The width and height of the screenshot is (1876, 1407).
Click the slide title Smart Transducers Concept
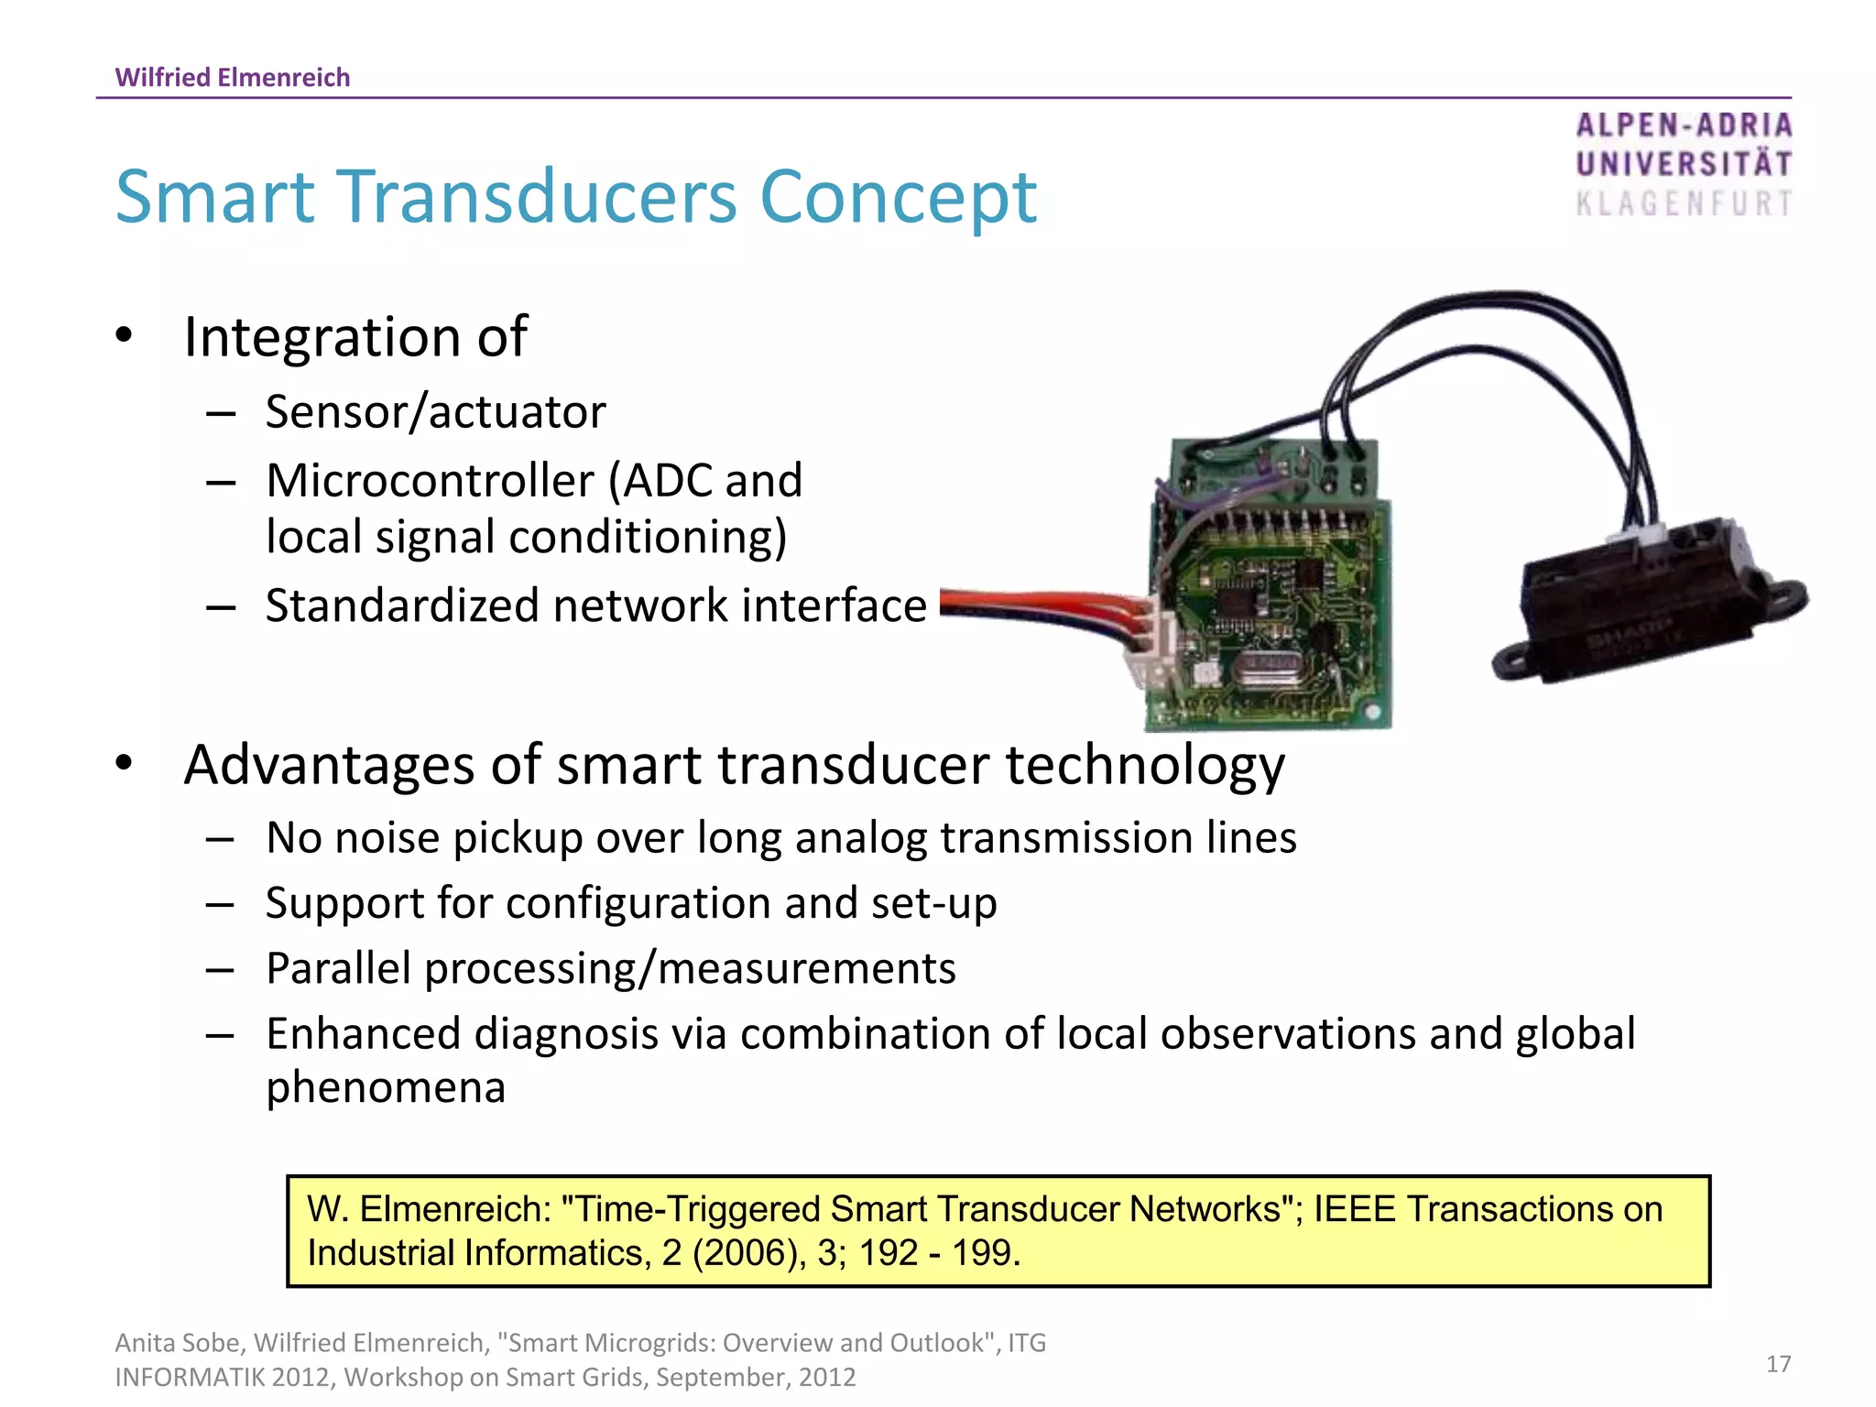click(575, 197)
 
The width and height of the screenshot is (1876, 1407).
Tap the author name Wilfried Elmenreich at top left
click(233, 77)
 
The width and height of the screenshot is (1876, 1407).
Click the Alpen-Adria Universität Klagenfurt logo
click(1684, 165)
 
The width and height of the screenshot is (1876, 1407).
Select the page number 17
click(1778, 1364)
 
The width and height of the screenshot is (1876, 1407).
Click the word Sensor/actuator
click(435, 412)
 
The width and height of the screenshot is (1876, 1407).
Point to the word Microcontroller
click(431, 481)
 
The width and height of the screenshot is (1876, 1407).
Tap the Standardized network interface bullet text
click(595, 605)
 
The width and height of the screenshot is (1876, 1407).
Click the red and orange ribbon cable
click(1035, 606)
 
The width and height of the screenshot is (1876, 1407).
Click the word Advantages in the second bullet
click(330, 765)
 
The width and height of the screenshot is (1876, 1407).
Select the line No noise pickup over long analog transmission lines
click(780, 837)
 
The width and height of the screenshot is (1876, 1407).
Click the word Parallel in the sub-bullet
click(338, 968)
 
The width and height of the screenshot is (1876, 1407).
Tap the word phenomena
click(386, 1087)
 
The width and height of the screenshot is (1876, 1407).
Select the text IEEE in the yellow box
click(1354, 1209)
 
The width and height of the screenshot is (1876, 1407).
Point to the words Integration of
click(355, 337)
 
